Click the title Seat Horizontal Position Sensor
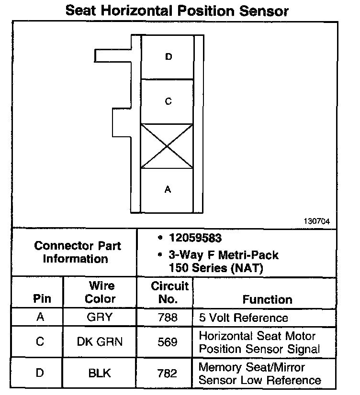177,10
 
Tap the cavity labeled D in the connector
168,57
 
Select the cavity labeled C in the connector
168,101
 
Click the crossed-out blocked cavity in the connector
167,146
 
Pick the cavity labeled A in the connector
168,190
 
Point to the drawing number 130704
316,221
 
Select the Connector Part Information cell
78,252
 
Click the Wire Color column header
101,292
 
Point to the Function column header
267,299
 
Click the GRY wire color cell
101,318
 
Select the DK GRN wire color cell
100,342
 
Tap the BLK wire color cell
100,373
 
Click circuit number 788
167,318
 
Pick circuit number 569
167,342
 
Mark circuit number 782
167,373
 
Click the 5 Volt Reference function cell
243,318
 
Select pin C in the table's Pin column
40,342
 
